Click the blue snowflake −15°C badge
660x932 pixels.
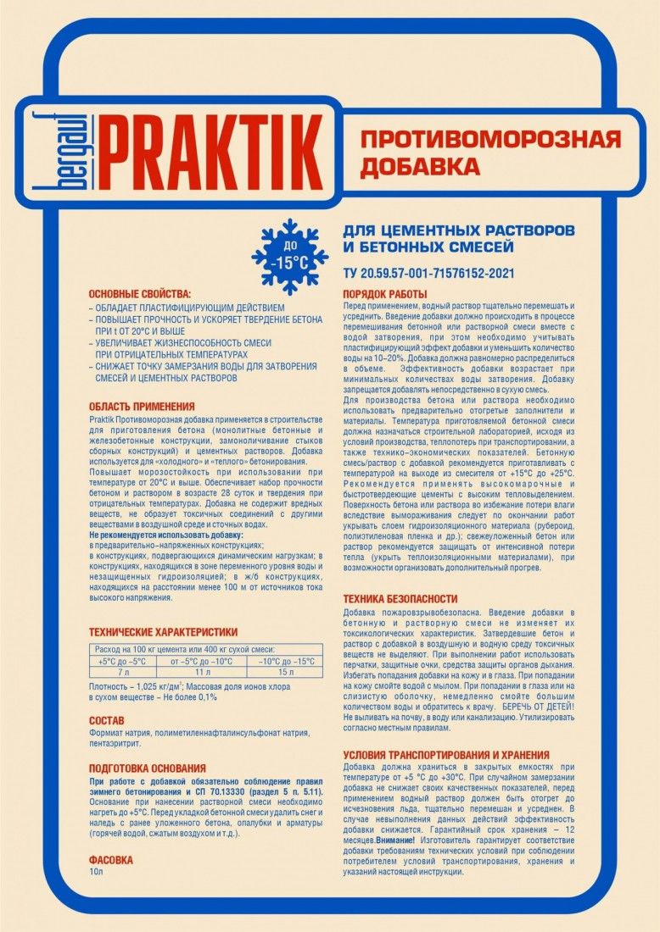pyautogui.click(x=290, y=257)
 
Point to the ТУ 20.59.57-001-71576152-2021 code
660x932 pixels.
pyautogui.click(x=428, y=274)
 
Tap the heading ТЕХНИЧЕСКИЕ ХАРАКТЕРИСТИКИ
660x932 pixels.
pyautogui.click(x=163, y=631)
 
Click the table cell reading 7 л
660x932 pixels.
pyautogui.click(x=122, y=672)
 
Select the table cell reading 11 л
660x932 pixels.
pyautogui.click(x=201, y=672)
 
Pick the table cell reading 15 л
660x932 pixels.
pyautogui.click(x=285, y=672)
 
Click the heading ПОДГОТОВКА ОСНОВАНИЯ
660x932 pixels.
pyautogui.click(x=147, y=768)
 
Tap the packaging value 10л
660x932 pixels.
pyautogui.click(x=96, y=870)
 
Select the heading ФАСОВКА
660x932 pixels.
pyautogui.click(x=111, y=859)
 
